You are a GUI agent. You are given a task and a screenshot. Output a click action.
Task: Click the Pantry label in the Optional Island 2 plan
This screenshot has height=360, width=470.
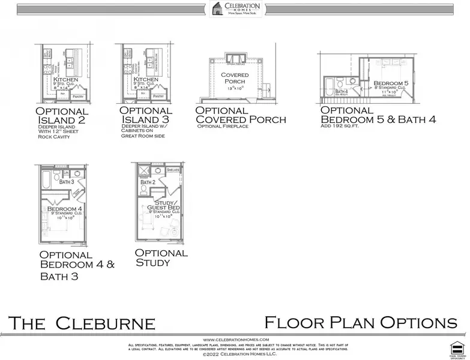pyautogui.click(x=77, y=95)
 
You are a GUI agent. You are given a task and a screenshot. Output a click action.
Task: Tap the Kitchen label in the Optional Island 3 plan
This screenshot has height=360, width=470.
pyautogui.click(x=146, y=80)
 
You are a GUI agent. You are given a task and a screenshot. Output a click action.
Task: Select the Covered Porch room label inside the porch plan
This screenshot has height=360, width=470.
pyautogui.click(x=235, y=78)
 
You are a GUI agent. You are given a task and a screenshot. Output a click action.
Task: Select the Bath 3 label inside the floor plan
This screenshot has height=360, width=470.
pyautogui.click(x=67, y=181)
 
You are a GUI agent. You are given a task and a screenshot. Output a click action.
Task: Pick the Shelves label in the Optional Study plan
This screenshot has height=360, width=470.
pyautogui.click(x=173, y=170)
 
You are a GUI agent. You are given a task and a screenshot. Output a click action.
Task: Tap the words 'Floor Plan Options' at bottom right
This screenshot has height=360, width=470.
pyautogui.click(x=360, y=323)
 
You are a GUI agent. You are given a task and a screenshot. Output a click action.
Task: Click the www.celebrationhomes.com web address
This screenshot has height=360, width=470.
pyautogui.click(x=235, y=340)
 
